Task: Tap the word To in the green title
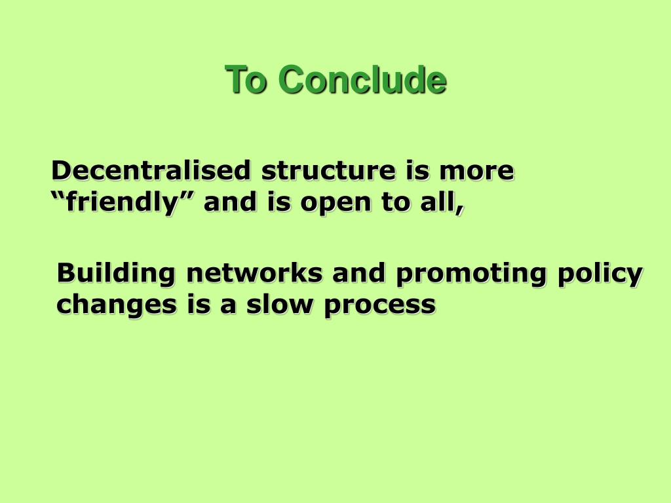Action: [x=246, y=79]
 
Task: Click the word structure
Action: [x=328, y=171]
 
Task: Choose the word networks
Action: [x=255, y=273]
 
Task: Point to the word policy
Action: [x=600, y=274]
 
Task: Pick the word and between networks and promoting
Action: [x=358, y=273]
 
